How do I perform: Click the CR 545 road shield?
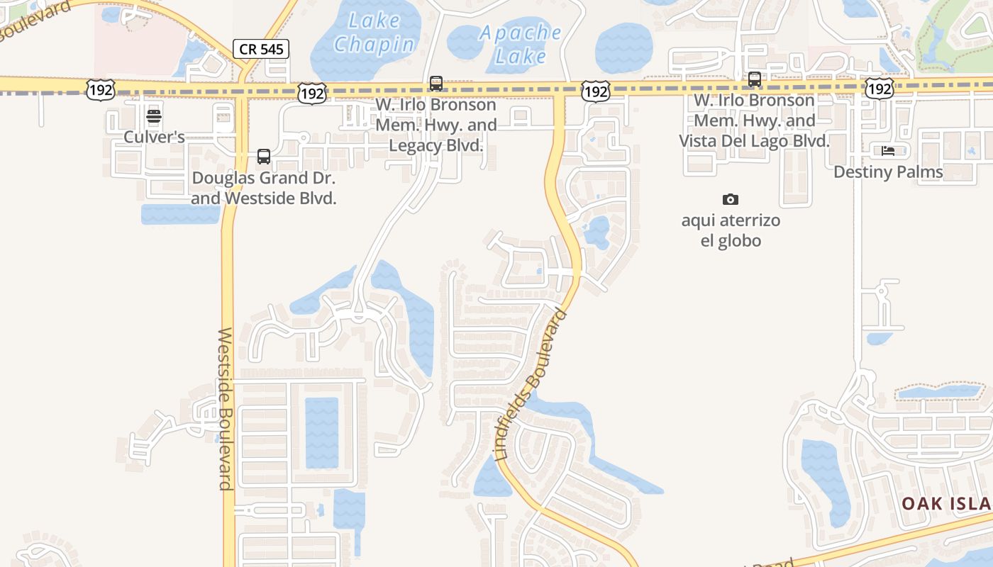[260, 49]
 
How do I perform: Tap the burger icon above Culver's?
[154, 116]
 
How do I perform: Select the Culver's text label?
[154, 137]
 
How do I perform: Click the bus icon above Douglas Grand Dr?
[264, 157]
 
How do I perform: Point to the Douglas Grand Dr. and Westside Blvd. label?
[263, 188]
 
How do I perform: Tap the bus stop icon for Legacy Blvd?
[436, 84]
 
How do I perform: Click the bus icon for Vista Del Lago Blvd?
[755, 79]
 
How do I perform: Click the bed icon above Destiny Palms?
[888, 150]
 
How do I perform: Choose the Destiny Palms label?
[888, 172]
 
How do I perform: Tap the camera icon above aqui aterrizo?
[730, 199]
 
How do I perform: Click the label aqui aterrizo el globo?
[731, 230]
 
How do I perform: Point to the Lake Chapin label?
[374, 33]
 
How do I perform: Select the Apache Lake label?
[521, 44]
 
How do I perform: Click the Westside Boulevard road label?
[226, 408]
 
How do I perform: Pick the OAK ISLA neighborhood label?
[946, 503]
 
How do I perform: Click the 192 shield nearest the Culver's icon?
[100, 90]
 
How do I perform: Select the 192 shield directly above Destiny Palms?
[879, 89]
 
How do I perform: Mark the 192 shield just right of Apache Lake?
[596, 91]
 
